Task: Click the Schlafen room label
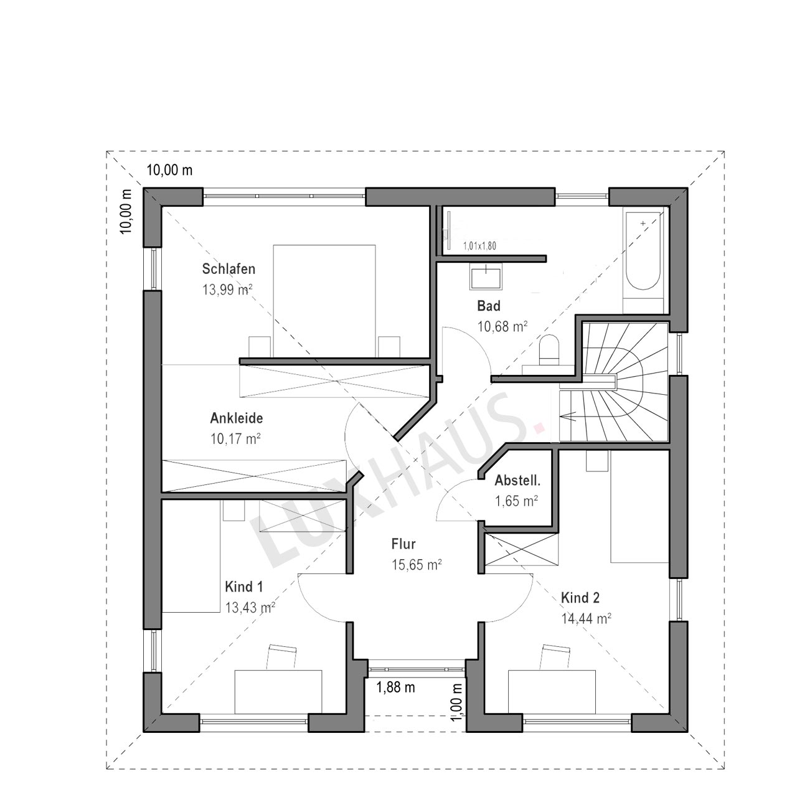pyautogui.click(x=229, y=269)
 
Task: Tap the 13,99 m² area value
pyautogui.click(x=227, y=290)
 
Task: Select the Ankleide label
pyautogui.click(x=236, y=418)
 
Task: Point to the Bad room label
pyautogui.click(x=488, y=306)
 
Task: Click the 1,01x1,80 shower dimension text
pyautogui.click(x=479, y=246)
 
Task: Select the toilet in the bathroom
pyautogui.click(x=549, y=350)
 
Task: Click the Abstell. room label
pyautogui.click(x=517, y=481)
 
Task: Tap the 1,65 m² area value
pyautogui.click(x=517, y=501)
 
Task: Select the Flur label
pyautogui.click(x=403, y=544)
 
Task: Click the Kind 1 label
pyautogui.click(x=243, y=587)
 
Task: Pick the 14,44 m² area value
pyautogui.click(x=586, y=619)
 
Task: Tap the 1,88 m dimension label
pyautogui.click(x=395, y=687)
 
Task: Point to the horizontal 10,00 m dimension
pyautogui.click(x=169, y=170)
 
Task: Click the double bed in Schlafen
pyautogui.click(x=324, y=301)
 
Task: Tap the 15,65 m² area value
pyautogui.click(x=417, y=565)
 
